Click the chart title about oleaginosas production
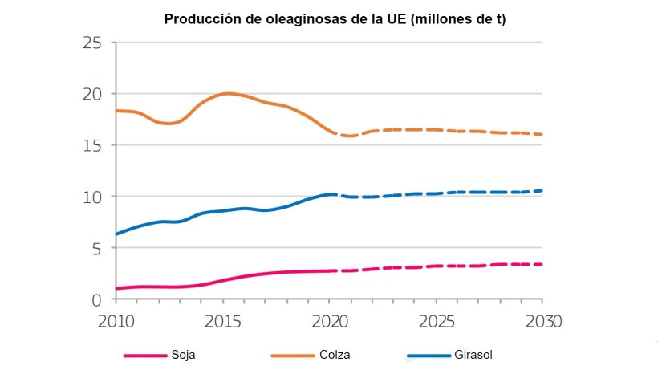click(x=335, y=19)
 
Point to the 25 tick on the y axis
click(x=95, y=43)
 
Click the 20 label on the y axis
click(x=95, y=94)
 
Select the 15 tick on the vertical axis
click(x=95, y=145)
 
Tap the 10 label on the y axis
click(x=95, y=197)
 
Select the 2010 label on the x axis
click(x=116, y=320)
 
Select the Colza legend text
click(x=335, y=355)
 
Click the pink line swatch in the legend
click(x=144, y=355)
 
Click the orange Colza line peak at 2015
click(x=227, y=93)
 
